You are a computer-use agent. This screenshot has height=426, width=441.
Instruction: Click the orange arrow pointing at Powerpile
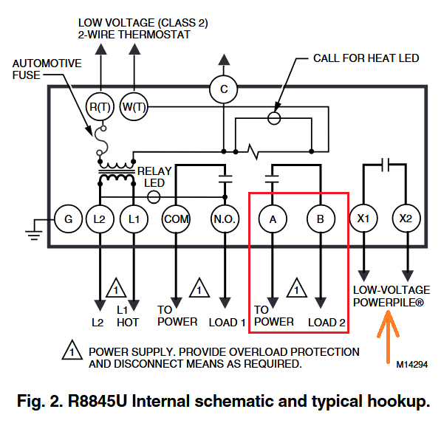[x=388, y=337]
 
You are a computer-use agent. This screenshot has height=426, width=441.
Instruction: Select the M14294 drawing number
[x=411, y=365]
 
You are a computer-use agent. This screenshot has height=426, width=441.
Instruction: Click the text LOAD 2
[x=327, y=323]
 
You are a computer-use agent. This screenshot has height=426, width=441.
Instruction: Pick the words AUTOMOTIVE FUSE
[x=47, y=69]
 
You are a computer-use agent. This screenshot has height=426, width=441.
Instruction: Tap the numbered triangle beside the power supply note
[x=72, y=351]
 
